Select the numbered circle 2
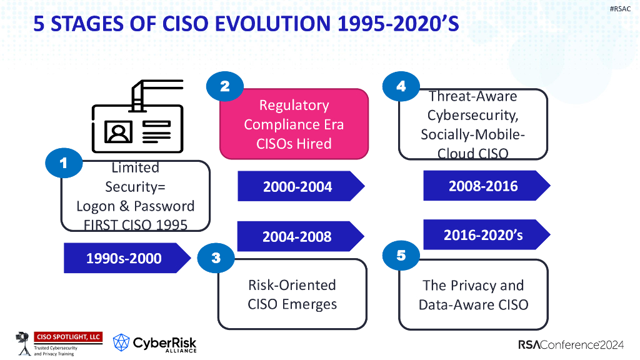pyautogui.click(x=224, y=87)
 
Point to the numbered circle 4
pyautogui.click(x=401, y=87)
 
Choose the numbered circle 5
pyautogui.click(x=401, y=255)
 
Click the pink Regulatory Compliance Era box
pyautogui.click(x=294, y=124)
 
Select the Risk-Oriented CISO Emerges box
pyautogui.click(x=292, y=294)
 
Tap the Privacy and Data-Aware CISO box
pyautogui.click(x=473, y=294)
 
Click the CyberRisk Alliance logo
pyautogui.click(x=155, y=342)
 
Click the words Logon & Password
pyautogui.click(x=135, y=206)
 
